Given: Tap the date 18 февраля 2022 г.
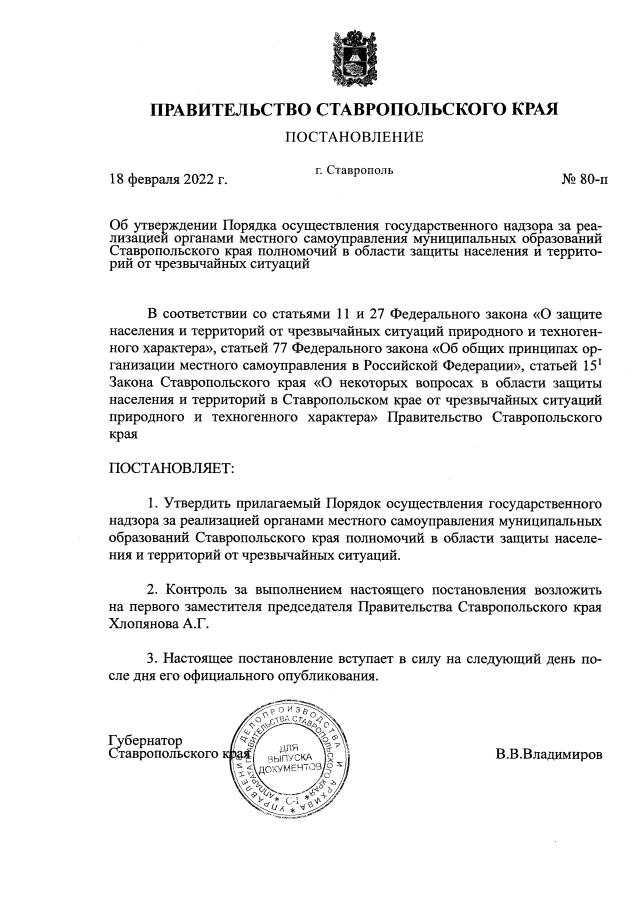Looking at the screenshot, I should click(168, 181).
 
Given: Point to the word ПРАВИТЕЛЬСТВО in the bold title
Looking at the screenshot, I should click(230, 108).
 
